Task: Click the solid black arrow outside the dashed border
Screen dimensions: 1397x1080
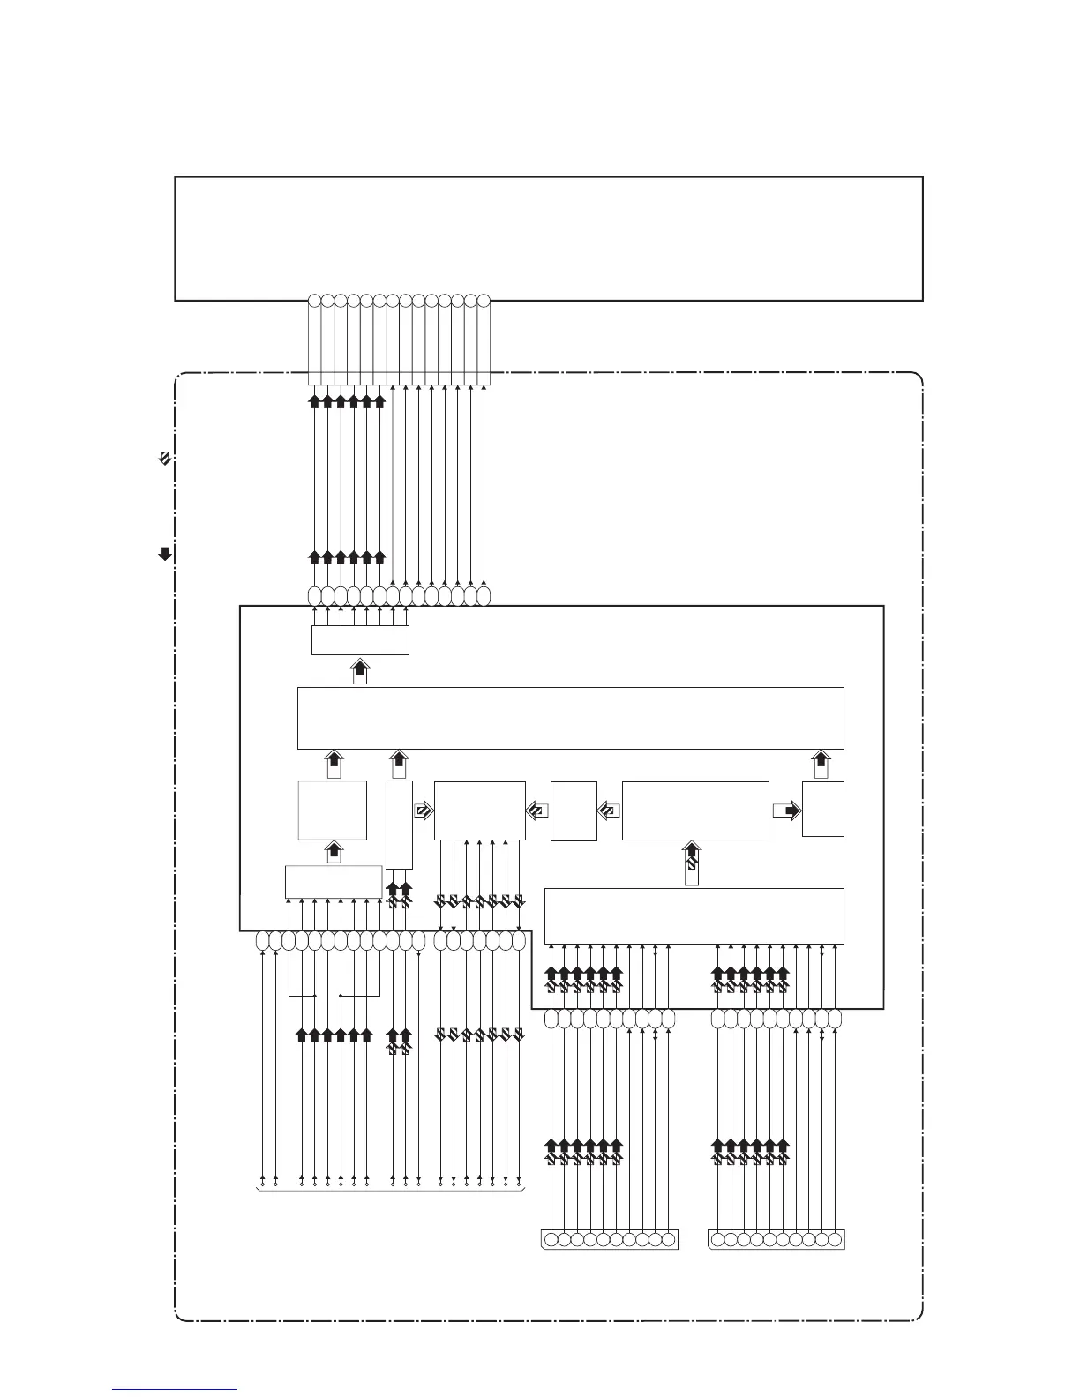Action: (164, 554)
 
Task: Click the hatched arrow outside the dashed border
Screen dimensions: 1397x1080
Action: (164, 458)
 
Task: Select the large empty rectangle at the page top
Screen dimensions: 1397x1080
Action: (549, 238)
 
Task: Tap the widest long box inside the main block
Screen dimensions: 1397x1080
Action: (571, 718)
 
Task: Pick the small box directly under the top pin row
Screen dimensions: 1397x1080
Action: (360, 640)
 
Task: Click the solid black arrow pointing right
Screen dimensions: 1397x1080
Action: (786, 811)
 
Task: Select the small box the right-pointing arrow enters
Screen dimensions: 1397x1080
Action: (822, 809)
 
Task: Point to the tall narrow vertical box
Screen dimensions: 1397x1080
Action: (399, 825)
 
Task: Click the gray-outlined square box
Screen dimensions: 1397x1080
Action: (333, 810)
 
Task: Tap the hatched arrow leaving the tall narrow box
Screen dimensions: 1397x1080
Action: (424, 811)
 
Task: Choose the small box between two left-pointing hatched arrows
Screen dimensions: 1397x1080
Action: (574, 811)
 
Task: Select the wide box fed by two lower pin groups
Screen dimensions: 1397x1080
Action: (694, 916)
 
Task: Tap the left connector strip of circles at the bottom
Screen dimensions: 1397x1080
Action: (609, 1239)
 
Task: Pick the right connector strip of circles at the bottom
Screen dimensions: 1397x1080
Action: (776, 1239)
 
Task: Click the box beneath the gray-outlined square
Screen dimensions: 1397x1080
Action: (333, 882)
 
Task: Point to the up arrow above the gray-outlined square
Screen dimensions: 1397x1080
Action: (334, 764)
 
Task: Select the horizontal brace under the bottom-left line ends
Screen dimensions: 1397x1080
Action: (390, 1191)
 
